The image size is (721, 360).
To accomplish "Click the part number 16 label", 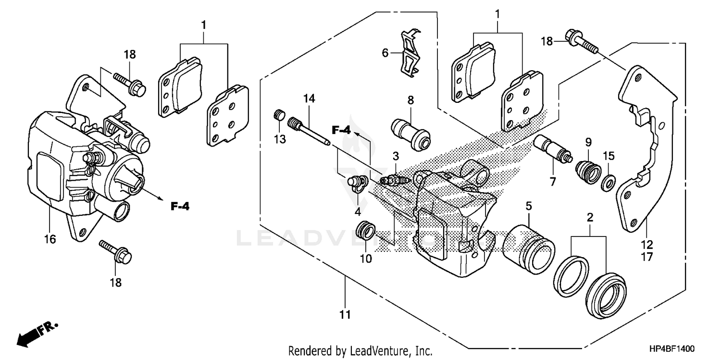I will (x=50, y=239).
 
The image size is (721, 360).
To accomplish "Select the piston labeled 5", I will (x=528, y=246).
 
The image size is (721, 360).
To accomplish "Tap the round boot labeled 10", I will (x=365, y=231).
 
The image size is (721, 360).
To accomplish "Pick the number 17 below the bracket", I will (x=646, y=257).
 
